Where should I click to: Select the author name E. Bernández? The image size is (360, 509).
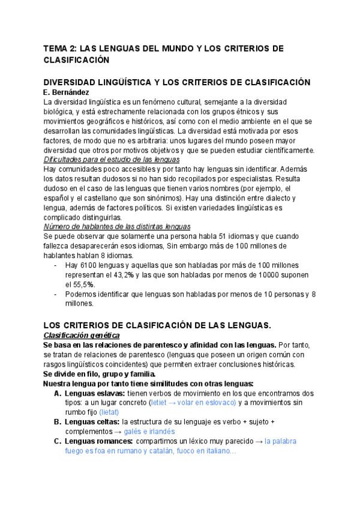tap(67, 92)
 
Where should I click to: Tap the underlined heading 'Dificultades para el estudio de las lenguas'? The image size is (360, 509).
tap(112, 160)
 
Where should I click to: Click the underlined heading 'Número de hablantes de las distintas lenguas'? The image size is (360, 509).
tap(117, 226)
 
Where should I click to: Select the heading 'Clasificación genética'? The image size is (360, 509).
tap(82, 335)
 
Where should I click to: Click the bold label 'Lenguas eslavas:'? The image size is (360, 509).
tap(91, 393)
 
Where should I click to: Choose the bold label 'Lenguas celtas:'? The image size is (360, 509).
tap(89, 422)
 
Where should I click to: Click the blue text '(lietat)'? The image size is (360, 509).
tap(109, 412)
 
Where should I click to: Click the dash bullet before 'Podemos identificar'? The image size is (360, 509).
tap(56, 294)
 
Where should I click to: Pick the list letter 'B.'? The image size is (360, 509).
tap(58, 422)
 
